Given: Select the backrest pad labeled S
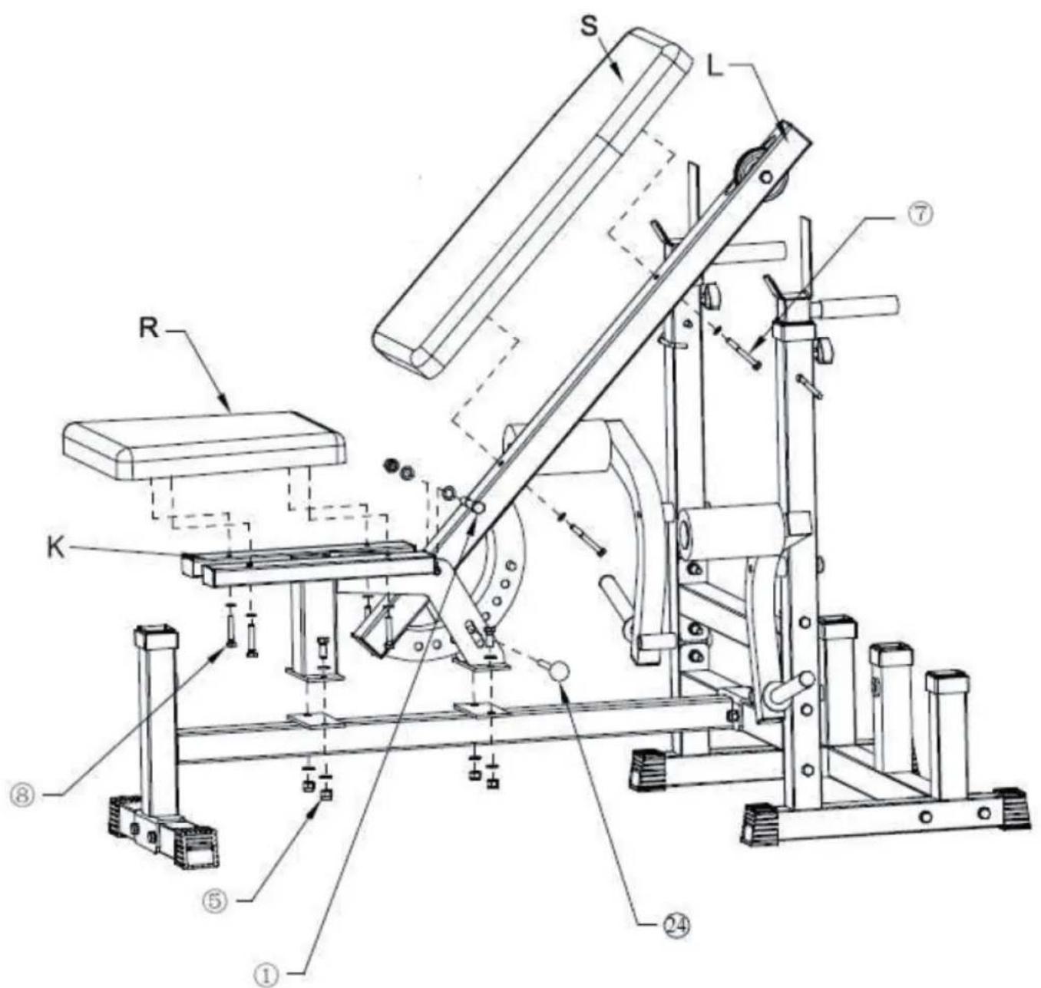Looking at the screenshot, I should (x=530, y=200).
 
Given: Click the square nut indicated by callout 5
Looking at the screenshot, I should (x=326, y=795).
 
